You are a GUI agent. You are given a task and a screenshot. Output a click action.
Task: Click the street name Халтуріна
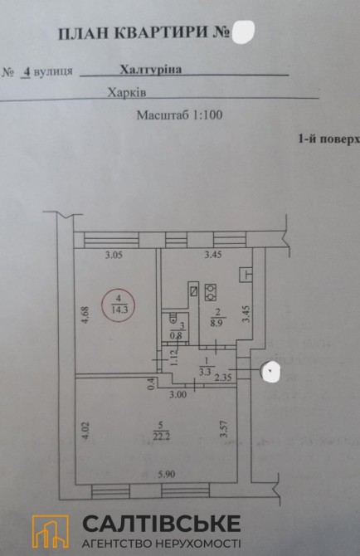tap(151, 69)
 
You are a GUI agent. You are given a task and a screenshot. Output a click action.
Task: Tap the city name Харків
tap(127, 93)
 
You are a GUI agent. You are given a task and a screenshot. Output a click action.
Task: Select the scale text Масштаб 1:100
tap(180, 115)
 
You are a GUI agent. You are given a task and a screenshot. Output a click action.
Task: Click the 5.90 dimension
tap(167, 474)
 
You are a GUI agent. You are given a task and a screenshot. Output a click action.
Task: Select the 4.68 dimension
tap(86, 315)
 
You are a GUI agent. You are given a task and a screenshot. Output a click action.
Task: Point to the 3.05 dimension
tap(114, 255)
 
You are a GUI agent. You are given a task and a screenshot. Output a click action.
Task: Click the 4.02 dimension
tap(86, 431)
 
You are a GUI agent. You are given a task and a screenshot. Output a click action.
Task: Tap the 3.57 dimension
tap(224, 429)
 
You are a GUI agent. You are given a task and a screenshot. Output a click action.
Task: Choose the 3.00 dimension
tap(178, 395)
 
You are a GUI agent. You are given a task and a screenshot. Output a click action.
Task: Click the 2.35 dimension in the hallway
tap(223, 378)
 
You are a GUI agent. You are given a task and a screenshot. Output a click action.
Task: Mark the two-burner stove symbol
tap(211, 292)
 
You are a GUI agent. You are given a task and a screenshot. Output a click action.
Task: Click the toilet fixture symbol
tap(173, 318)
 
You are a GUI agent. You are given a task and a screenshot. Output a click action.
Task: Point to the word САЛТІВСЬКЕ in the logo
tap(162, 524)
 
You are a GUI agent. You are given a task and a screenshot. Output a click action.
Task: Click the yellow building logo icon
tap(51, 531)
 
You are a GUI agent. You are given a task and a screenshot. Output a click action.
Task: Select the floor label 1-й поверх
tap(329, 139)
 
